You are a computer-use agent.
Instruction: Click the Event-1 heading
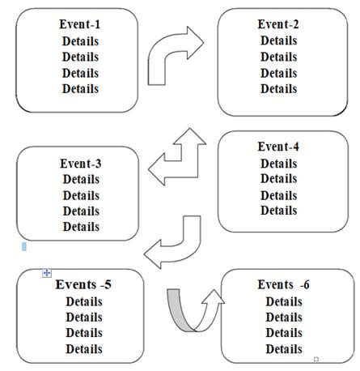80,24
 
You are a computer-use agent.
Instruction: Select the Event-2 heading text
278,24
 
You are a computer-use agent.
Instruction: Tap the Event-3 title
80,163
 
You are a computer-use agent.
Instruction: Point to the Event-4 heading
278,147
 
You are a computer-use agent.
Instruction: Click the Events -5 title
83,285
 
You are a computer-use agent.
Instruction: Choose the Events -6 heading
283,285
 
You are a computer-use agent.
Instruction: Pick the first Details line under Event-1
80,41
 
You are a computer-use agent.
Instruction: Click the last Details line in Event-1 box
80,88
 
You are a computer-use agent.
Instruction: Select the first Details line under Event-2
278,41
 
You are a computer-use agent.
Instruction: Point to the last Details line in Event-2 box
278,88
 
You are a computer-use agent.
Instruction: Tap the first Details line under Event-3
80,179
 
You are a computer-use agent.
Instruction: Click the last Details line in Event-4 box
278,211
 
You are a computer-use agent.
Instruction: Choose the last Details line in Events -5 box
83,349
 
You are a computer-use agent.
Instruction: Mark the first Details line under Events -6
283,301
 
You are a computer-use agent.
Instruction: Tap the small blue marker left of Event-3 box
25,245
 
